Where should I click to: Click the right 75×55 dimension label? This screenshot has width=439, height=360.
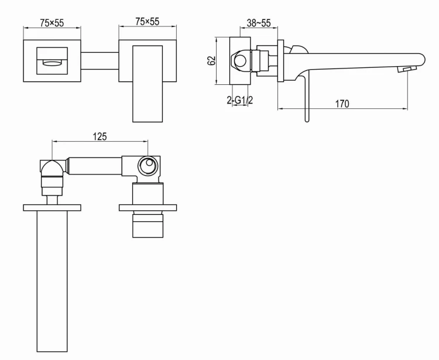point(147,22)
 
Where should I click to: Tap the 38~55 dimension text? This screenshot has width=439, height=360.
point(258,23)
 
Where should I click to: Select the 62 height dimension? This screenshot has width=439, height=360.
point(212,60)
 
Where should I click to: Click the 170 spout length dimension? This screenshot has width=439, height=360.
point(342,104)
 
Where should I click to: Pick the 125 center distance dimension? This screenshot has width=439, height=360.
point(100,136)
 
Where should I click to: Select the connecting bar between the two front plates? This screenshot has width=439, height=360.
point(100,61)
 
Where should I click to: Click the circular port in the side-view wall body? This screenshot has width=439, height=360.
point(240,60)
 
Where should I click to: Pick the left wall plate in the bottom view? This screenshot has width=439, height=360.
point(53,207)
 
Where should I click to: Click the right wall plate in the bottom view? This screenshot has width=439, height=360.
point(147,207)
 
